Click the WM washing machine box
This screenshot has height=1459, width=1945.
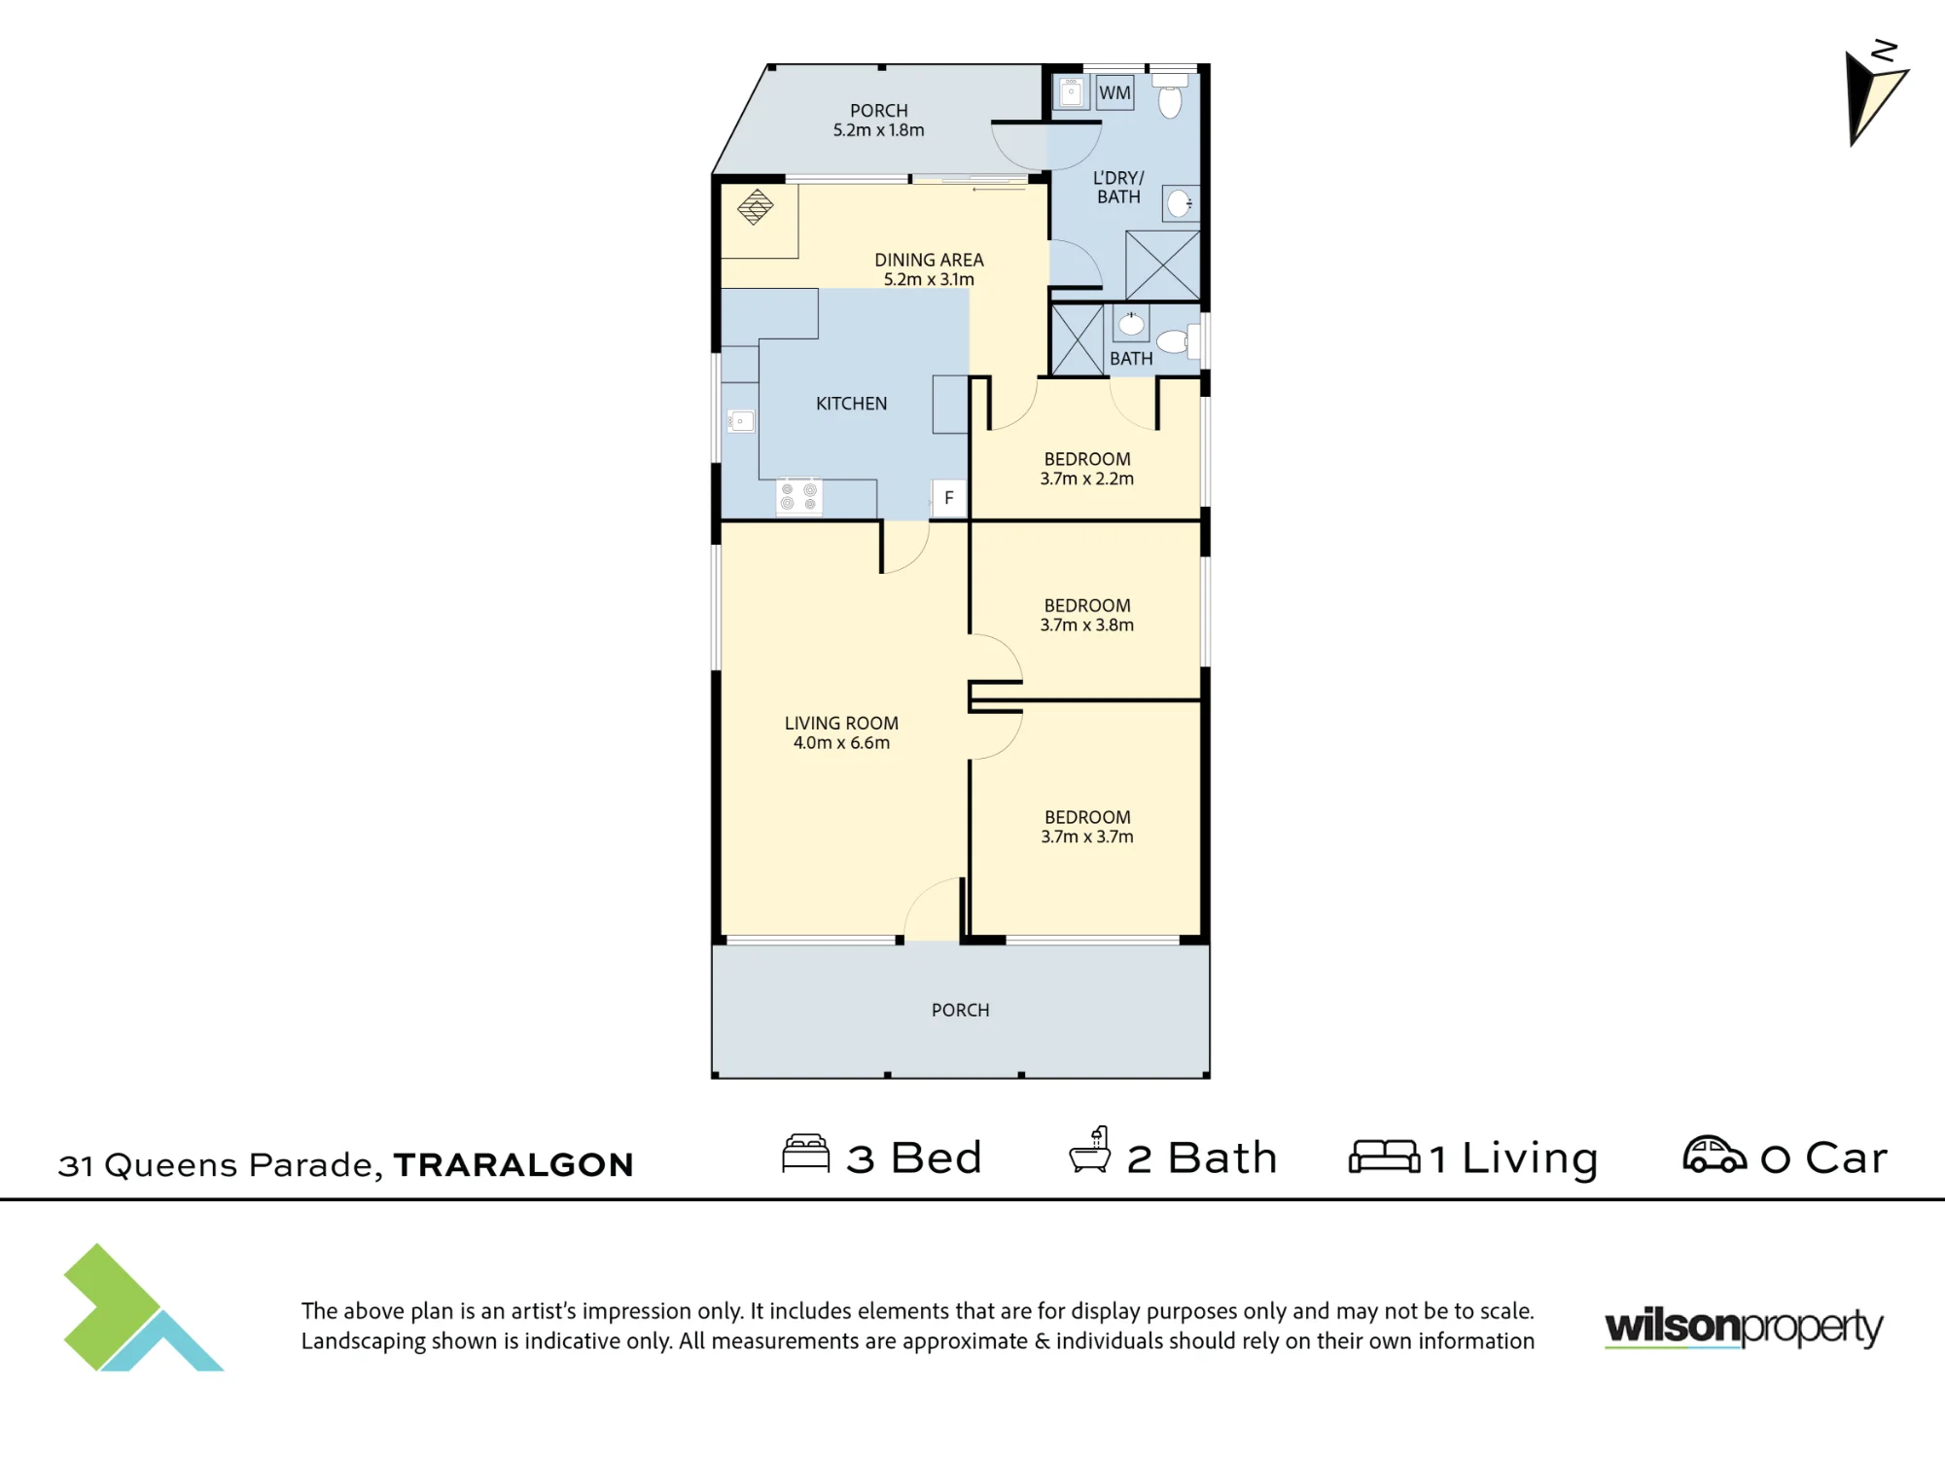click(1114, 92)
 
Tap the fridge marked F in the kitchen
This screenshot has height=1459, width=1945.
click(949, 498)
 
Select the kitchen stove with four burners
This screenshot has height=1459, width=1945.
click(799, 496)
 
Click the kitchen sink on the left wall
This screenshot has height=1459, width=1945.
click(740, 421)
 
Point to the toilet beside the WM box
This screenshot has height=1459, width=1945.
click(1170, 96)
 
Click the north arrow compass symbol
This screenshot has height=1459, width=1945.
click(1876, 93)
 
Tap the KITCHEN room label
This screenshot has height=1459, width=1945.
click(851, 404)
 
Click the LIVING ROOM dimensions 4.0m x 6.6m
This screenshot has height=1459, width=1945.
click(841, 743)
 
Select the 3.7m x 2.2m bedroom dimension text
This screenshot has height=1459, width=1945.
click(1087, 479)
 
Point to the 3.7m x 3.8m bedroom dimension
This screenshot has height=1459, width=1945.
click(1087, 625)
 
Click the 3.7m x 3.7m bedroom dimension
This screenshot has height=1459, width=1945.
click(1087, 836)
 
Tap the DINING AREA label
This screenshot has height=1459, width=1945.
click(929, 260)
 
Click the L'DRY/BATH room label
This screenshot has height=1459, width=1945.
click(1118, 187)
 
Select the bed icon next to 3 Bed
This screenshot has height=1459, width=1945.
click(806, 1154)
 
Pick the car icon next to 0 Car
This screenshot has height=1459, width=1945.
click(1715, 1155)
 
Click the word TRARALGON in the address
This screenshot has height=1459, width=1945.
click(513, 1164)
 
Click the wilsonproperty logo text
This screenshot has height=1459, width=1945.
click(1744, 1328)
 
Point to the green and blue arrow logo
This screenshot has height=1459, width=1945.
click(143, 1307)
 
